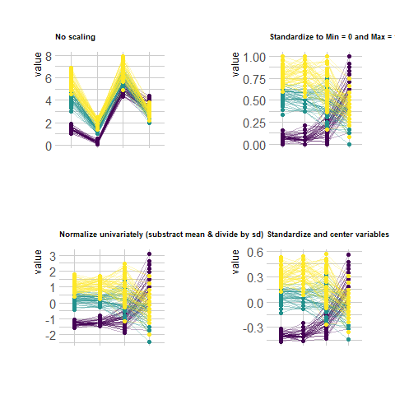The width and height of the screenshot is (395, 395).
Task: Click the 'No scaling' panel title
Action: point(75,37)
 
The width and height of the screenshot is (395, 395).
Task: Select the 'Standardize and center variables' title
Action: point(328,235)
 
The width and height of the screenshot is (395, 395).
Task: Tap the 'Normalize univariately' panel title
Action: point(161,235)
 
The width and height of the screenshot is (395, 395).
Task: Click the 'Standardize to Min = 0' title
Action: point(332,37)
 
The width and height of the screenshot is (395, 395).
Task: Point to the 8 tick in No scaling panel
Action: point(49,57)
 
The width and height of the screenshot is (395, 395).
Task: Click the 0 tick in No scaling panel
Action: point(49,146)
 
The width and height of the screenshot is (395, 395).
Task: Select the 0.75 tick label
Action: point(254,79)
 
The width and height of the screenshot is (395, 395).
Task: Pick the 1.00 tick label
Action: point(254,58)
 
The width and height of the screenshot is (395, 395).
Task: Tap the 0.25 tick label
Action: point(254,123)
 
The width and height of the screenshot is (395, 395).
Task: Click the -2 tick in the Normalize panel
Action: point(51,336)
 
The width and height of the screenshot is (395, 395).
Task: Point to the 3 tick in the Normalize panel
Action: point(53,257)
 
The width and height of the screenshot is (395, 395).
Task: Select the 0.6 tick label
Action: point(255,252)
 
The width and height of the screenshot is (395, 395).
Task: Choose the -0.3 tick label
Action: point(253,328)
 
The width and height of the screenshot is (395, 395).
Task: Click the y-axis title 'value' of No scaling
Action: point(38,64)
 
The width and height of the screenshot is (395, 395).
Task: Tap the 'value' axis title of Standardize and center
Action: point(235,262)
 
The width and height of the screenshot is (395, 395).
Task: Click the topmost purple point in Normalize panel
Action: point(149,254)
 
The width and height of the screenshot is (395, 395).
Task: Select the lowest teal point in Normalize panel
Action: point(149,342)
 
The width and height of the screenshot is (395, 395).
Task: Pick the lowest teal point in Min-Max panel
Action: point(349,144)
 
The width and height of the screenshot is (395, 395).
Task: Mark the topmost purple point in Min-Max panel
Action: point(349,56)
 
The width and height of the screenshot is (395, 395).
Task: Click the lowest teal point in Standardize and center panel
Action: point(348,339)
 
